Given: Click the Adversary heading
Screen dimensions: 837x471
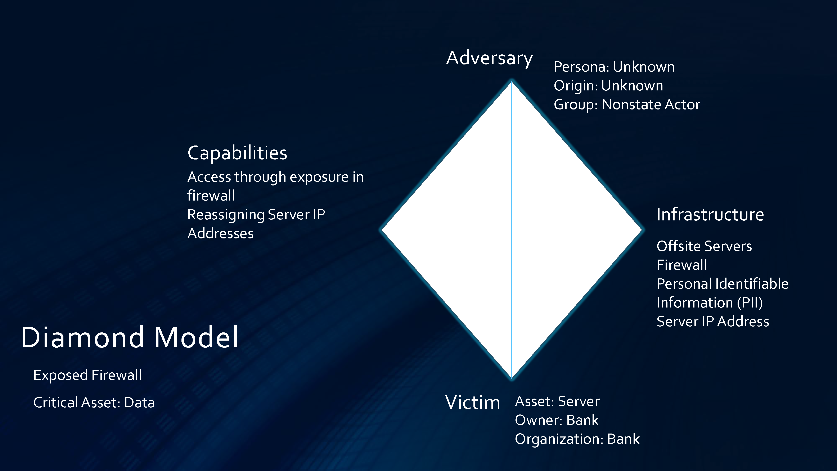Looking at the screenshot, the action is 489,59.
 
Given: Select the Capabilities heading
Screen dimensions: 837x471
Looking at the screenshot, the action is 237,153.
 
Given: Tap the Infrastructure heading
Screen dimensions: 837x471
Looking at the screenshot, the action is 710,215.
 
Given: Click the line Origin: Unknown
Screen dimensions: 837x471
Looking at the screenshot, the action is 608,86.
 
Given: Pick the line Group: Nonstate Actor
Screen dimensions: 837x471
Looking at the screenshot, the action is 627,105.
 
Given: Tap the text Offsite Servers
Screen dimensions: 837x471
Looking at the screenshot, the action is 704,246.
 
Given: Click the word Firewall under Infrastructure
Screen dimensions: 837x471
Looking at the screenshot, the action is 682,265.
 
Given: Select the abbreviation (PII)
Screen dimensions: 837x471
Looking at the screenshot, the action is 750,303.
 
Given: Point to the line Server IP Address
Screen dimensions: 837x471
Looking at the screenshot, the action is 713,322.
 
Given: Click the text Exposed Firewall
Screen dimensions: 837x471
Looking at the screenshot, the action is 87,375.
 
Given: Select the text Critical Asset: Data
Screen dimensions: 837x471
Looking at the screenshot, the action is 94,403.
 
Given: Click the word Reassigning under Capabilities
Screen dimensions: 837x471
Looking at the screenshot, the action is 226,215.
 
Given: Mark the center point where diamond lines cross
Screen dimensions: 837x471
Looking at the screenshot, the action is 512,230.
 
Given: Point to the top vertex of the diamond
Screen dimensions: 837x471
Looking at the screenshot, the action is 512,81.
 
